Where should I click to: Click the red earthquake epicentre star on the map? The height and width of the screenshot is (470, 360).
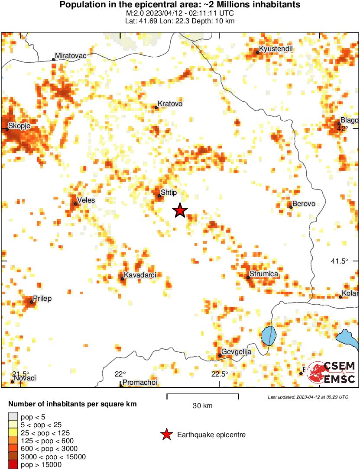(180, 211)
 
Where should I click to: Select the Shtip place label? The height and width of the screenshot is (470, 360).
(169, 192)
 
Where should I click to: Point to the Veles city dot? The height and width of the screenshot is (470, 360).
(75, 204)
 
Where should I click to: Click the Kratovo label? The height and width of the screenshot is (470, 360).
(170, 104)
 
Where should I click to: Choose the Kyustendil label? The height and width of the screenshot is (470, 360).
(276, 49)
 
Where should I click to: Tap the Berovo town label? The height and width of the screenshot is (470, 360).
(304, 203)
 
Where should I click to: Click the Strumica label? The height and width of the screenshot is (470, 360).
(264, 274)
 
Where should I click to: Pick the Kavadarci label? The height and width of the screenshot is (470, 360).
(139, 275)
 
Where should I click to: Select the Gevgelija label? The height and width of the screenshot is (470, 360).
(236, 352)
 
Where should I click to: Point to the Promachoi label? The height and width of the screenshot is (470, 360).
(139, 382)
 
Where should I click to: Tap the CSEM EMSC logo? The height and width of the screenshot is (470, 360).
(331, 372)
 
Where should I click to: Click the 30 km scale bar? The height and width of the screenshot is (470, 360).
(203, 396)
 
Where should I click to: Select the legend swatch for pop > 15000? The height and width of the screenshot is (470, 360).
(13, 464)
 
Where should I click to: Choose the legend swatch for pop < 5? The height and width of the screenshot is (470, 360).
(13, 417)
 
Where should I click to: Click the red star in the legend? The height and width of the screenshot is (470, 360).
(166, 435)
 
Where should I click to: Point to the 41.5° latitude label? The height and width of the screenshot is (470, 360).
(339, 261)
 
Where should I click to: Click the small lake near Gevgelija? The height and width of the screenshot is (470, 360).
(269, 335)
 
